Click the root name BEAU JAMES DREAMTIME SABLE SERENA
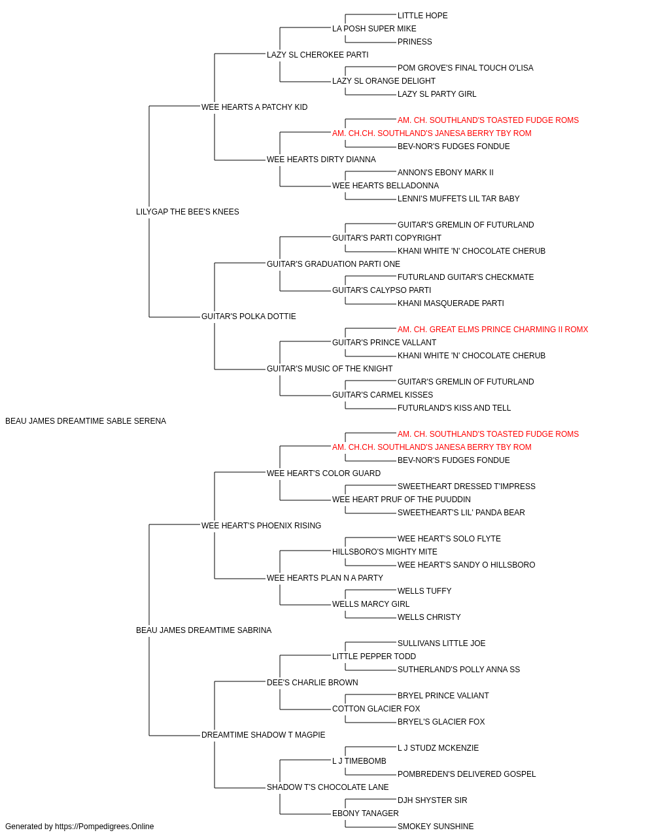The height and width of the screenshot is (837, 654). [86, 421]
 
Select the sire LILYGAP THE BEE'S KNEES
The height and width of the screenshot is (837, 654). [188, 211]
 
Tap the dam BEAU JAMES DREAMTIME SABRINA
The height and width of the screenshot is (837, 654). [204, 630]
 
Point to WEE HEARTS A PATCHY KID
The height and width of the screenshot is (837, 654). [254, 107]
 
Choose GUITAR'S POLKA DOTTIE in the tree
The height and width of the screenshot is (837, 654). [249, 316]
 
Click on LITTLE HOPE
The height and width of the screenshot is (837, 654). [422, 16]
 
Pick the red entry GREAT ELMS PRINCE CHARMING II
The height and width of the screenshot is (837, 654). [493, 330]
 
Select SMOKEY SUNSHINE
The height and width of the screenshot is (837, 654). [436, 827]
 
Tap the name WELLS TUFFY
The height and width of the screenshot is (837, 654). [424, 591]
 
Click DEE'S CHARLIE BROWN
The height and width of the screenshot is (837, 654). [313, 683]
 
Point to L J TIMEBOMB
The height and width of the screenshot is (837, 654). [359, 760]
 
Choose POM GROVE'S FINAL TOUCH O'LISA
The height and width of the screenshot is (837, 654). [466, 68]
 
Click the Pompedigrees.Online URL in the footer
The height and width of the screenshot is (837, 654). [105, 827]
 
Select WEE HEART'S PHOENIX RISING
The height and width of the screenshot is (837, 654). [261, 525]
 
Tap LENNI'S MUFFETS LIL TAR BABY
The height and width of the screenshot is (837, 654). [458, 198]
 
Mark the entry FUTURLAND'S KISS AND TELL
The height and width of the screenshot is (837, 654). [455, 407]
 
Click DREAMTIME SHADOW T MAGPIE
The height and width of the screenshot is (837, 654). [264, 734]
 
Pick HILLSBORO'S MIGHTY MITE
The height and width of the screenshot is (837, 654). [385, 552]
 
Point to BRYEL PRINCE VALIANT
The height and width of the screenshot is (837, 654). [443, 695]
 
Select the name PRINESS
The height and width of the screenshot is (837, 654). [415, 42]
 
